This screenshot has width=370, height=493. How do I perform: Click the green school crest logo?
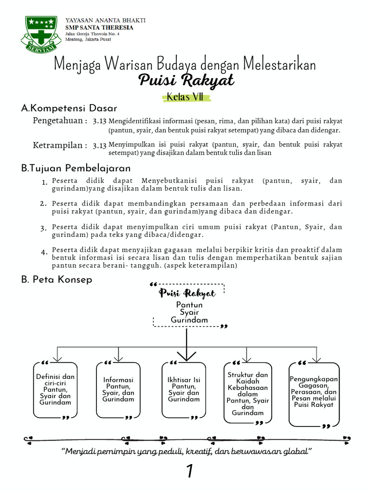click(40, 34)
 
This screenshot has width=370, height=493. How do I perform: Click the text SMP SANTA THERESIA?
click(99, 27)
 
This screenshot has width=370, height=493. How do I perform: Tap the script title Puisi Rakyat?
click(186, 80)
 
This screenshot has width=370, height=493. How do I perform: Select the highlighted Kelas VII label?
click(186, 97)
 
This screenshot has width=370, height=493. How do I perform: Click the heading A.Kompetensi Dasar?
click(69, 108)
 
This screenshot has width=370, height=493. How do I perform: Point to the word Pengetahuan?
click(57, 120)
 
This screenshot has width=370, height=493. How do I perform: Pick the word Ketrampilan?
click(58, 145)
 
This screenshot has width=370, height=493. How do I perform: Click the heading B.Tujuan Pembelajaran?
click(76, 168)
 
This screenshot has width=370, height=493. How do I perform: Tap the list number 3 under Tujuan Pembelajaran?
click(43, 228)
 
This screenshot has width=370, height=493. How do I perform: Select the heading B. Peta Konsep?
click(57, 279)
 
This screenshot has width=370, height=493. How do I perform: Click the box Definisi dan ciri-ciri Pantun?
click(55, 389)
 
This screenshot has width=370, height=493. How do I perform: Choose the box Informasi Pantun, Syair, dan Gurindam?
click(119, 389)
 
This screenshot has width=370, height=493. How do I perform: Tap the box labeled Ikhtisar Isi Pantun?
click(184, 389)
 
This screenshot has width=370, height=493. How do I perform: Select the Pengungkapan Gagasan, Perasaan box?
click(314, 392)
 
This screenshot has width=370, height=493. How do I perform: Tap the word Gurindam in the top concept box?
click(189, 320)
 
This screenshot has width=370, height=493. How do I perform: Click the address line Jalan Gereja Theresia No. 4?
click(92, 34)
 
